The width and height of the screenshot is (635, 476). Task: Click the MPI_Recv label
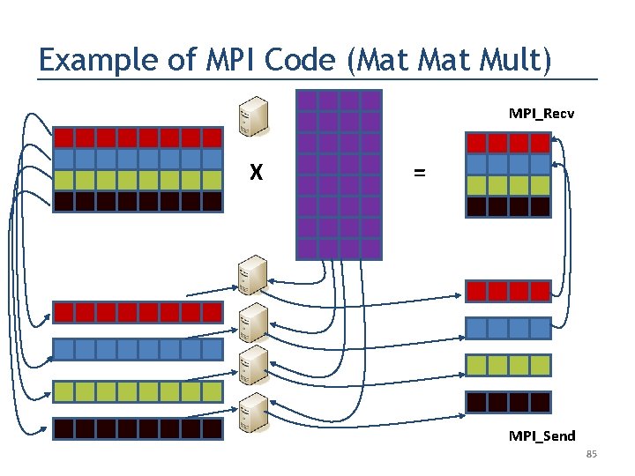pos(542,113)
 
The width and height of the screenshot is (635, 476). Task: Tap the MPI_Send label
pos(542,435)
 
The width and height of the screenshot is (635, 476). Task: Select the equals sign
pos(419,174)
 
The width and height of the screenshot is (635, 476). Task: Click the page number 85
pos(591,454)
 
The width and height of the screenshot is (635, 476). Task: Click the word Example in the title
pos(86,60)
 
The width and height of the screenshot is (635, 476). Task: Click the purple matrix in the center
pos(340,174)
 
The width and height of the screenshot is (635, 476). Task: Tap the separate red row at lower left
pos(138,312)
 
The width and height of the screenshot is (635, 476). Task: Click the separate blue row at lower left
pos(138,350)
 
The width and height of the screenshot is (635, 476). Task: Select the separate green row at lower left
pos(138,390)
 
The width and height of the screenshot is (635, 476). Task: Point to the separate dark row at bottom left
pos(138,429)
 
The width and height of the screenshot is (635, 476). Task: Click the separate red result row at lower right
pos(508,291)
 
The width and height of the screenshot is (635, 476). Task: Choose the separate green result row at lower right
pos(508,365)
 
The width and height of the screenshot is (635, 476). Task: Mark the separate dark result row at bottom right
pos(508,403)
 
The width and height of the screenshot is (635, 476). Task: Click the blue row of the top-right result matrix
pos(508,164)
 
